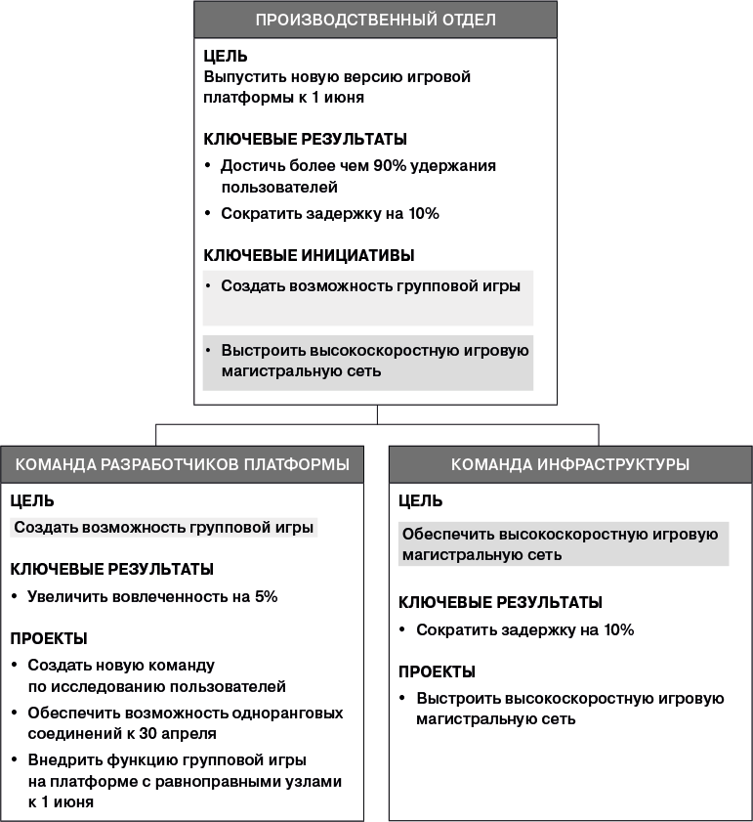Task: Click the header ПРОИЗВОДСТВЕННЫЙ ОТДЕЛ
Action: (x=375, y=20)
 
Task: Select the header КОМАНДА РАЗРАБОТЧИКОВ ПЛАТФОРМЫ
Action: (x=183, y=465)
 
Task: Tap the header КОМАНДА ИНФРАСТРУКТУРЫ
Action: (x=570, y=465)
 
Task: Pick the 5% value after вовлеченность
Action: (x=265, y=596)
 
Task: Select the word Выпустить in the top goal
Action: (x=239, y=76)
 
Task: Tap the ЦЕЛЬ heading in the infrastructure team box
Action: (x=421, y=501)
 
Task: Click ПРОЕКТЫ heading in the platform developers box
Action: (x=49, y=638)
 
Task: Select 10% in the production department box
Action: (x=420, y=213)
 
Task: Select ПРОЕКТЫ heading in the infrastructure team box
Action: (x=438, y=672)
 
